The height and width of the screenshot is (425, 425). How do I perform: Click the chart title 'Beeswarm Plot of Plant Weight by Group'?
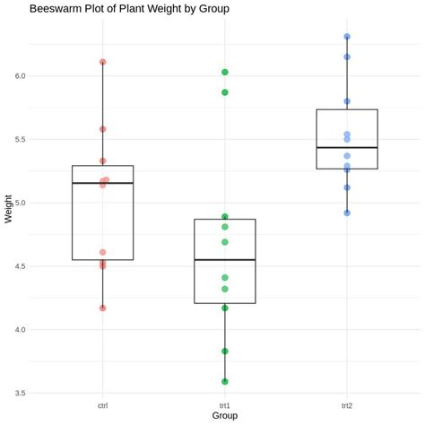(129, 9)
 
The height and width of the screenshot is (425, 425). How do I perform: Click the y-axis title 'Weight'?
(9, 209)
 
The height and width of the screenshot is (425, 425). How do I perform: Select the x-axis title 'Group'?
(224, 415)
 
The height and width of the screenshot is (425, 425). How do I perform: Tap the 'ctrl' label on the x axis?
(103, 404)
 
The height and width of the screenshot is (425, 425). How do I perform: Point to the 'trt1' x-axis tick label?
(225, 404)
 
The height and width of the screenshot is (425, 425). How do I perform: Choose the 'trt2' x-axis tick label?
(347, 404)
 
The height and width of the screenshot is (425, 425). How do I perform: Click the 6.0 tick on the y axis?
(20, 77)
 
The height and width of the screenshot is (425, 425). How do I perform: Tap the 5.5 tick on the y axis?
(20, 140)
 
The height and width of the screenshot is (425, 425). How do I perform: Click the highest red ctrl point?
(103, 62)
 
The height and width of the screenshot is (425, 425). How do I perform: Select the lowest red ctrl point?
(103, 308)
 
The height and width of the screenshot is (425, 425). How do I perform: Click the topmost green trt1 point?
(225, 72)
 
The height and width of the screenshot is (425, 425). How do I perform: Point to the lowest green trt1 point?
(225, 381)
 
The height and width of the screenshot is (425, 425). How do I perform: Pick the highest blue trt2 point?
(347, 37)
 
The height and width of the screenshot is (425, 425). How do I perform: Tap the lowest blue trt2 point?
(347, 212)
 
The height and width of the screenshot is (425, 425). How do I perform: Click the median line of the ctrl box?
(103, 183)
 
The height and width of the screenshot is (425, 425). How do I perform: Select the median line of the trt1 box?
(225, 260)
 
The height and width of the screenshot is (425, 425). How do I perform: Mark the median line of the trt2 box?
(347, 148)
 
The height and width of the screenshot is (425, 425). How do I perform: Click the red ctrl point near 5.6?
(103, 129)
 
